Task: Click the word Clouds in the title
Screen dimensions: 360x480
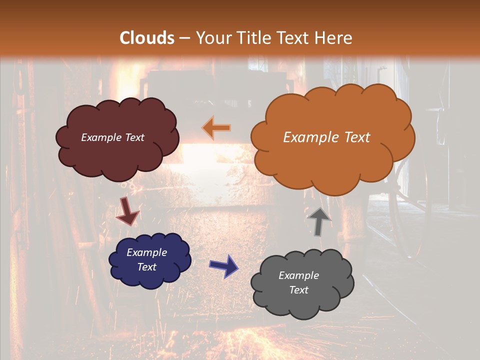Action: tap(147, 38)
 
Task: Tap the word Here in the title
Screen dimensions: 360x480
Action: tap(334, 38)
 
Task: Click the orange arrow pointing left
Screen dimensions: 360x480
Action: tap(216, 127)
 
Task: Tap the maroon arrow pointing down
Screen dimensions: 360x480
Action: tap(127, 211)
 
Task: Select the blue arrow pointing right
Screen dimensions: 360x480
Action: tap(224, 265)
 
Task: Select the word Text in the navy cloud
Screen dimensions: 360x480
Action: tap(147, 267)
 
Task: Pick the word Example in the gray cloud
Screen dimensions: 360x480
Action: tap(298, 275)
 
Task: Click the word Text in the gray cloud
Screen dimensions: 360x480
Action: tap(298, 290)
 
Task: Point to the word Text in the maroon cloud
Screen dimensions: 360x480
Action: tap(134, 137)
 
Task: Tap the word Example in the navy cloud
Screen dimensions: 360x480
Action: tap(146, 252)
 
